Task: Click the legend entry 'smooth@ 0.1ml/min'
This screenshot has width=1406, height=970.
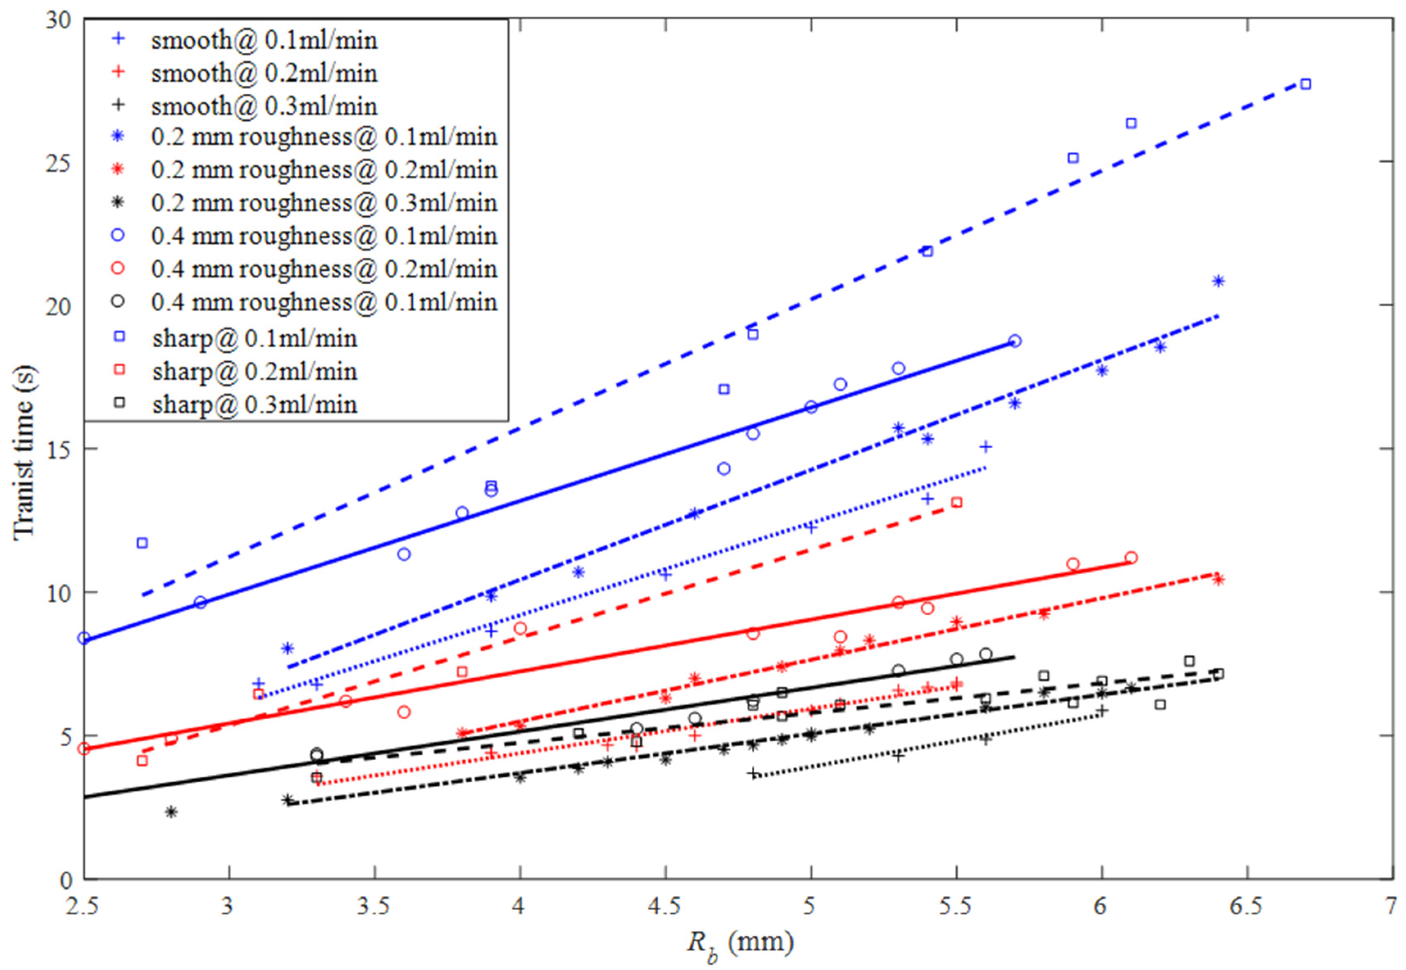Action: (263, 40)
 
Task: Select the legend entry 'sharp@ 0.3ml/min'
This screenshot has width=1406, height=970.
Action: (254, 404)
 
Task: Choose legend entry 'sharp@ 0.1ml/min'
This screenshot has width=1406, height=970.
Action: (254, 338)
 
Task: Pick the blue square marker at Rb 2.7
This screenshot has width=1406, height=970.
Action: (142, 543)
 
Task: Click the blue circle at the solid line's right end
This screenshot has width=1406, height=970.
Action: (1015, 341)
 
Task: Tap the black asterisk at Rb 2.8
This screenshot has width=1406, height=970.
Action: (171, 811)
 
